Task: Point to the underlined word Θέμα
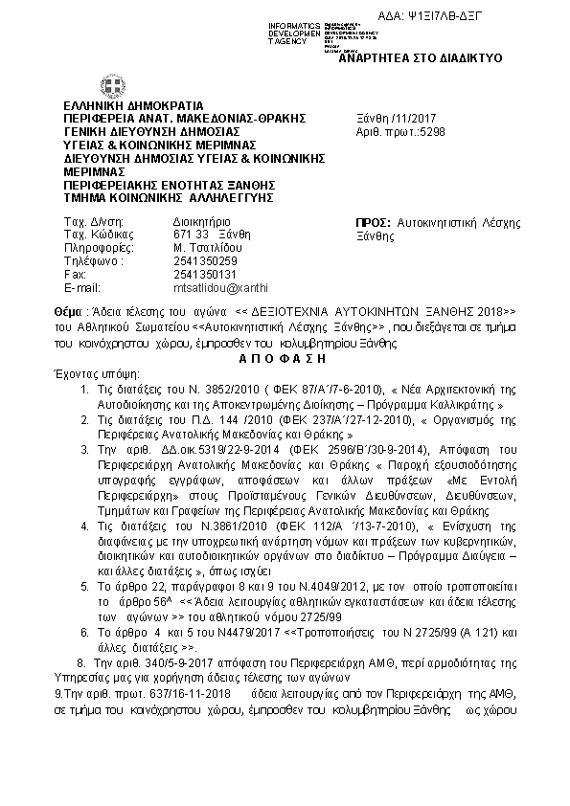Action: click(x=69, y=312)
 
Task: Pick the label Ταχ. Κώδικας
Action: click(x=90, y=234)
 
